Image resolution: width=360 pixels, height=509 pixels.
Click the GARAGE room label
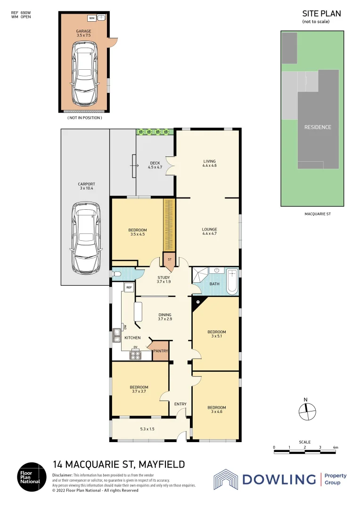coord(84,32)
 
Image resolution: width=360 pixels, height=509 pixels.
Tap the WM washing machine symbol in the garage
coord(92,18)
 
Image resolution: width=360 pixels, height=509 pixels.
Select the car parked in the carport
coord(85,238)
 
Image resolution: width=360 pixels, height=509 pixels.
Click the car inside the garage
coord(84,74)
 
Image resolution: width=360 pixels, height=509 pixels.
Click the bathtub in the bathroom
coord(232,282)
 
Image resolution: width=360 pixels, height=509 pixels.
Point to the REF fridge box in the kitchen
coord(128,287)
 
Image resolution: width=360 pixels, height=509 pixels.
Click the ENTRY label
coord(180,404)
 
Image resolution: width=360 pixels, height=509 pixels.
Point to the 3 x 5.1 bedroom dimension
coord(217,337)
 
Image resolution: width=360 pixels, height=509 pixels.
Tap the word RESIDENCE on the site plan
coord(317,127)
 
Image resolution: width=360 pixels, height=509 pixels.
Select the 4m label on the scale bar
coord(335,447)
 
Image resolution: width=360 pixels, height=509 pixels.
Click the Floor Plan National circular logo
coord(32,476)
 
